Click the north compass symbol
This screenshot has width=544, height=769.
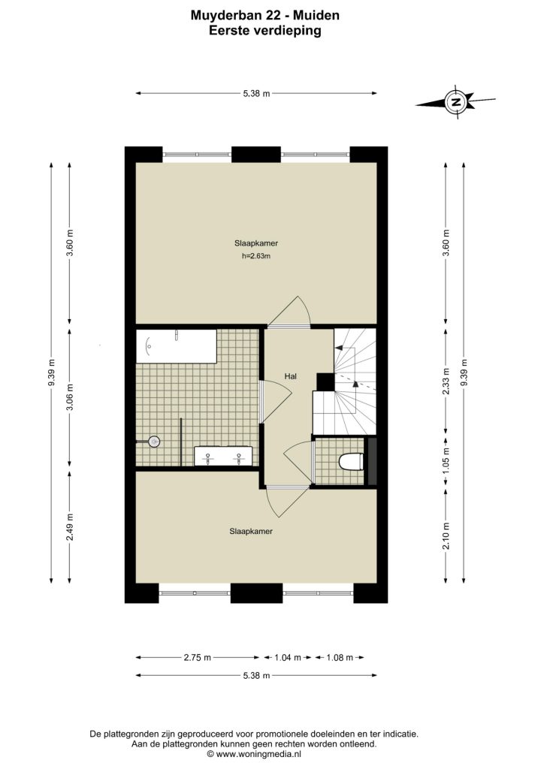point(456,102)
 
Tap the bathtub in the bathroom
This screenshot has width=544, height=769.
point(176,346)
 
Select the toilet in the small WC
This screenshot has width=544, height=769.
point(351,462)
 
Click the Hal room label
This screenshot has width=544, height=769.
point(290,377)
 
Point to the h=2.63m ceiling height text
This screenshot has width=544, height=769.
point(256,255)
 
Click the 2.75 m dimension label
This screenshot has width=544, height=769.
point(197,658)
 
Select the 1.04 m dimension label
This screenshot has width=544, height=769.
point(288,658)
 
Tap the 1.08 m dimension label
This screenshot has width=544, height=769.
point(340,658)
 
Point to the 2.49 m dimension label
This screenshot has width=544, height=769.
point(70,527)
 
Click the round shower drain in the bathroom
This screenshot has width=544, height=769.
point(155,442)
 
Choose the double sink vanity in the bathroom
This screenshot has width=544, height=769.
point(223,456)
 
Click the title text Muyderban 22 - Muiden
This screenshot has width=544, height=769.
point(265,15)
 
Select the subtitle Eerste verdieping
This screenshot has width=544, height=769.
point(265,31)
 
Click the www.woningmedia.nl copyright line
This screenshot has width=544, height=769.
point(254,754)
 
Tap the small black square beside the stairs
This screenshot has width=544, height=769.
point(325,382)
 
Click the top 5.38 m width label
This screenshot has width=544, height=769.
point(256,93)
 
